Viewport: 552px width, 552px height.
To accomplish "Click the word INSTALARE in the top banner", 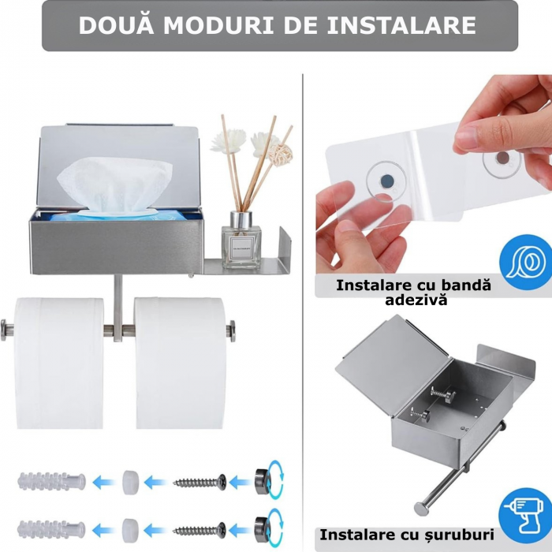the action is pyautogui.click(x=401, y=25).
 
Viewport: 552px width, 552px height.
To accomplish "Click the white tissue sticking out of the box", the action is pyautogui.click(x=115, y=185).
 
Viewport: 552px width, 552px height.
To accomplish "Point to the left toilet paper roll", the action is pyautogui.click(x=59, y=363).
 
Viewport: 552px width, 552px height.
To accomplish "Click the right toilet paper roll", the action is pyautogui.click(x=180, y=363).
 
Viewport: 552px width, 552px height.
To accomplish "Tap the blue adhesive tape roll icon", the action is pyautogui.click(x=526, y=262).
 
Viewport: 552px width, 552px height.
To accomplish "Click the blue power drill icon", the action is pyautogui.click(x=525, y=515).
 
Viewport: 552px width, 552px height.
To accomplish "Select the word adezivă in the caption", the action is pyautogui.click(x=416, y=300).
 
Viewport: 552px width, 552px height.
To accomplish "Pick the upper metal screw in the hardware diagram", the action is pyautogui.click(x=200, y=482).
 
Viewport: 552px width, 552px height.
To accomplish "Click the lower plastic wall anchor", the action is pyautogui.click(x=51, y=529).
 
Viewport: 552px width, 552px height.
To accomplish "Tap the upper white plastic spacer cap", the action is pyautogui.click(x=130, y=481).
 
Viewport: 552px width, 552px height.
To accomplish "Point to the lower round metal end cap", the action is pyautogui.click(x=262, y=529).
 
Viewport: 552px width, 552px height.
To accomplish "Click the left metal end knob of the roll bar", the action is pyautogui.click(x=6, y=330).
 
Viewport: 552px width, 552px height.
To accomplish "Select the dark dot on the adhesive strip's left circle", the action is pyautogui.click(x=386, y=181).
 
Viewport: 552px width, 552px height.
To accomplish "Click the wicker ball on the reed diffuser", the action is pyautogui.click(x=281, y=154).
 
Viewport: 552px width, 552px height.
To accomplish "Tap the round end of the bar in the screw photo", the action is pyautogui.click(x=421, y=509).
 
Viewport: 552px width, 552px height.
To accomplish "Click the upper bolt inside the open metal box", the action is pyautogui.click(x=442, y=393).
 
